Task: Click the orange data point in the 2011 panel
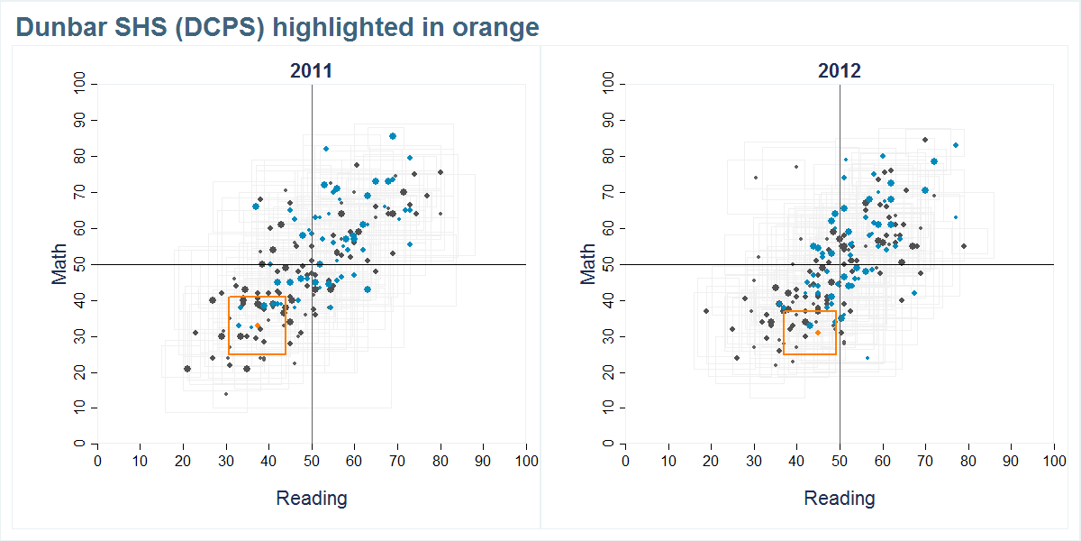pyautogui.click(x=258, y=326)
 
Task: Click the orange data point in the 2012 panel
pyautogui.click(x=818, y=333)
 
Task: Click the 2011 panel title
pyautogui.click(x=312, y=71)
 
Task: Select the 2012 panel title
pyautogui.click(x=840, y=71)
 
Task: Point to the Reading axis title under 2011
pyautogui.click(x=312, y=498)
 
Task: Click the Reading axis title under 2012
pyautogui.click(x=840, y=498)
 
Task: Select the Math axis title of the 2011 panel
pyautogui.click(x=59, y=264)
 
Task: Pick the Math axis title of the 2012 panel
pyautogui.click(x=587, y=264)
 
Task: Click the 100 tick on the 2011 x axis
pyautogui.click(x=526, y=461)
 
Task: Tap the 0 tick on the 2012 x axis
pyautogui.click(x=626, y=461)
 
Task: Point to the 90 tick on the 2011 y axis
pyautogui.click(x=79, y=120)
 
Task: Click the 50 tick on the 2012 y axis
pyautogui.click(x=607, y=264)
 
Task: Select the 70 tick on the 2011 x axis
pyautogui.click(x=397, y=461)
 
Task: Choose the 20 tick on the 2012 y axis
pyautogui.click(x=607, y=372)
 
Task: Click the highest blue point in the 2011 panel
pyautogui.click(x=393, y=136)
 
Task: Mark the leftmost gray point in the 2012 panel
pyautogui.click(x=706, y=311)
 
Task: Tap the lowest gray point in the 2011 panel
pyautogui.click(x=226, y=394)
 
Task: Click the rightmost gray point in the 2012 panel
pyautogui.click(x=964, y=246)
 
